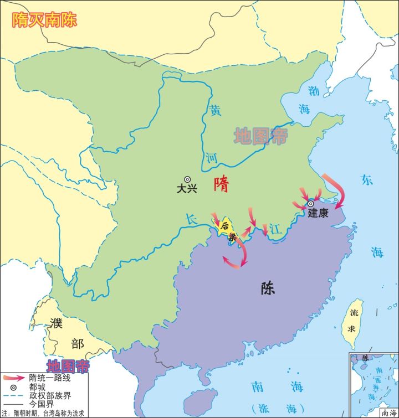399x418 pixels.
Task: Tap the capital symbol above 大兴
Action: pyautogui.click(x=187, y=179)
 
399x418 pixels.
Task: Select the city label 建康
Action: pyautogui.click(x=318, y=213)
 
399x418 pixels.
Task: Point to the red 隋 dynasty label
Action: pyautogui.click(x=221, y=185)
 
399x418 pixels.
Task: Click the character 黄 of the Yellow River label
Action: pyautogui.click(x=214, y=110)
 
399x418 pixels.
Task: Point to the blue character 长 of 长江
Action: pyautogui.click(x=191, y=220)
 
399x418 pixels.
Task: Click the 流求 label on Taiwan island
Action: pyautogui.click(x=351, y=319)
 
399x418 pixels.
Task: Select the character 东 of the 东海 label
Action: pyautogui.click(x=367, y=179)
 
